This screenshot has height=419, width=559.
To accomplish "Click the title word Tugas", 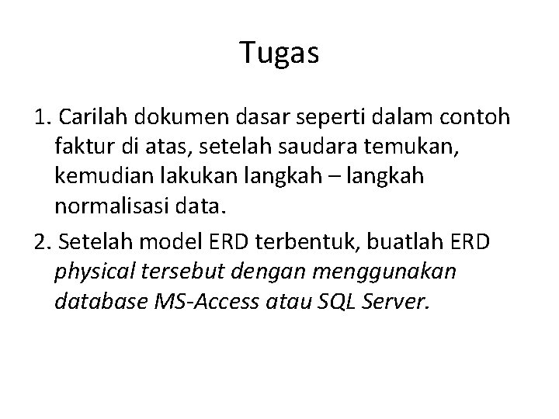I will click(x=279, y=53).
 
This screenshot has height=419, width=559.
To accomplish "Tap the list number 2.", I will click(x=43, y=241).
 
